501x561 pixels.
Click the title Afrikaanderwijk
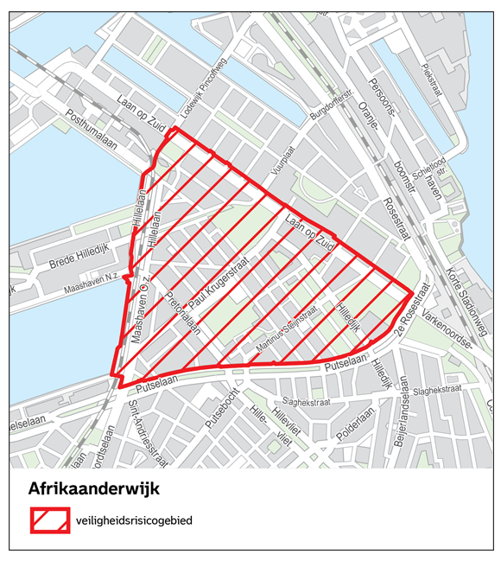coord(94,489)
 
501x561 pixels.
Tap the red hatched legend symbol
coord(51,520)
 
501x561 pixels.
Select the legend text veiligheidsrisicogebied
coord(137,521)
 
